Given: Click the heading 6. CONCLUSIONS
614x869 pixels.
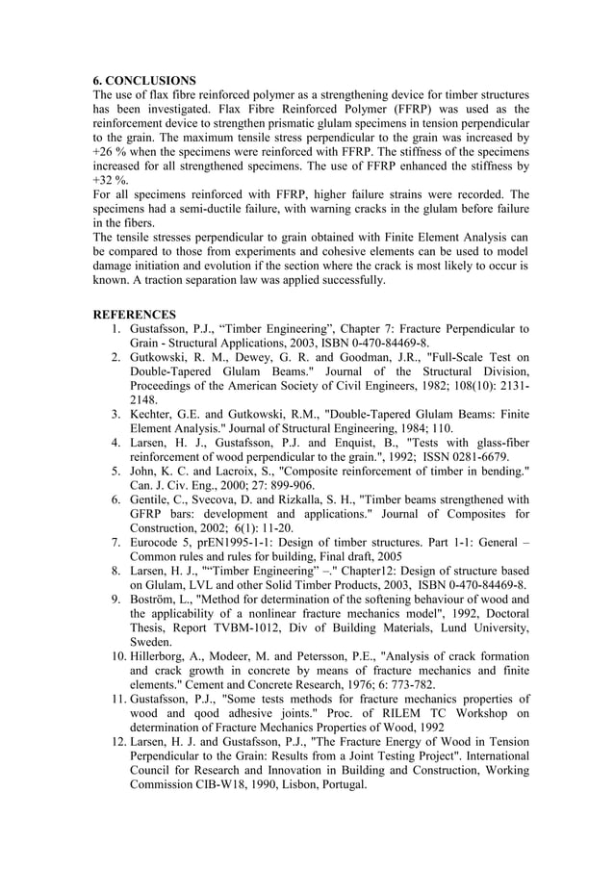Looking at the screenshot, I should click(144, 80).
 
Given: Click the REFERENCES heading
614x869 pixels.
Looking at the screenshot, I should click(134, 315).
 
